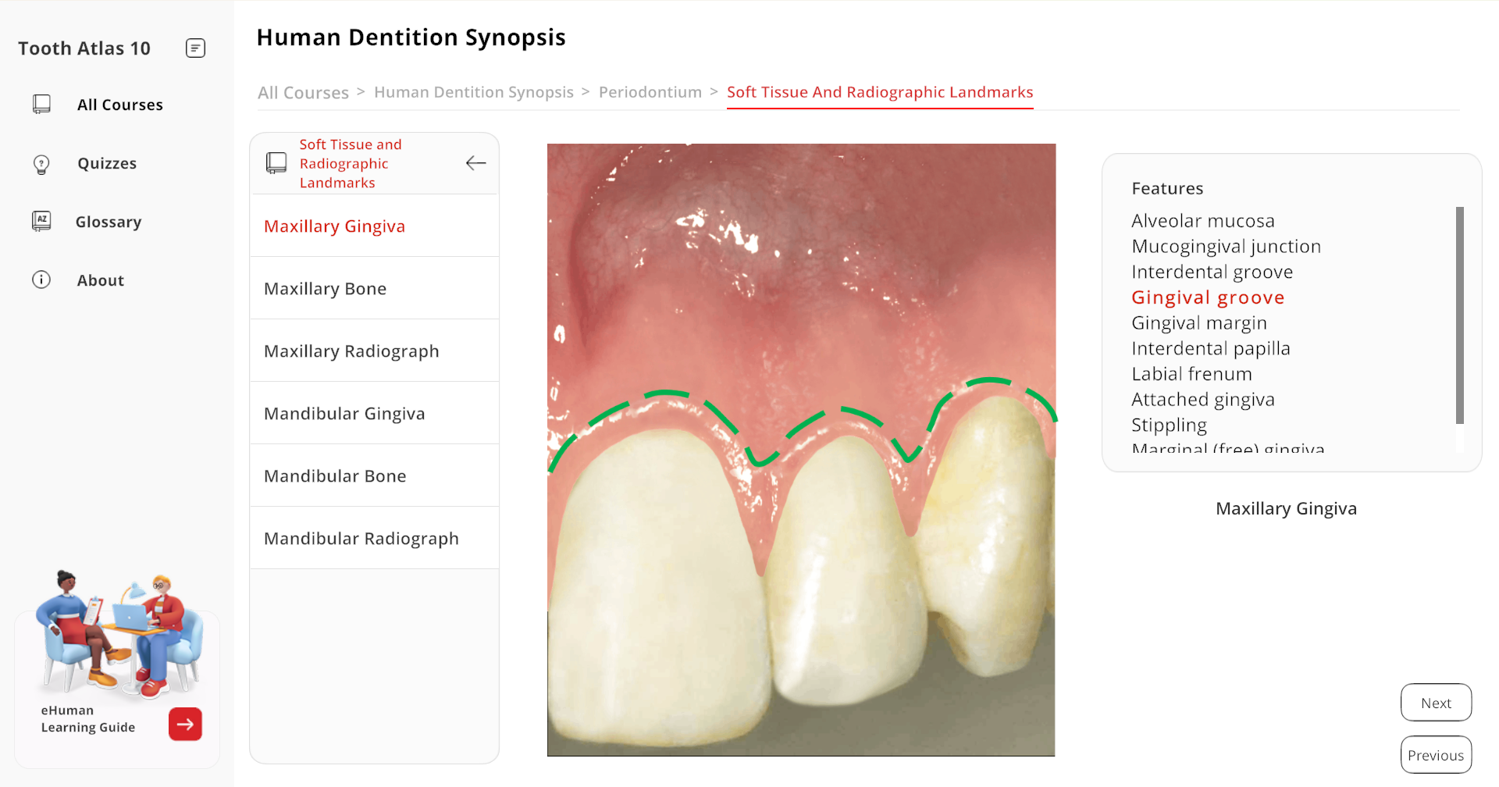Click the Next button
1436,703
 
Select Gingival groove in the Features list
1208,297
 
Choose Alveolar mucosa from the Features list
1202,221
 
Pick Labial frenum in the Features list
1191,374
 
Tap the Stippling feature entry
1169,426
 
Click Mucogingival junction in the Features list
1226,247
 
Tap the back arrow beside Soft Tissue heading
475,162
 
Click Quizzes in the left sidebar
107,163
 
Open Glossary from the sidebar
109,222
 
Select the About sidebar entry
100,280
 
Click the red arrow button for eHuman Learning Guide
185,724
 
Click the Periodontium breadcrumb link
650,92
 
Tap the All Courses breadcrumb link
303,93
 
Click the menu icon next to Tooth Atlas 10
195,48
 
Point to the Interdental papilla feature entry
1210,349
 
